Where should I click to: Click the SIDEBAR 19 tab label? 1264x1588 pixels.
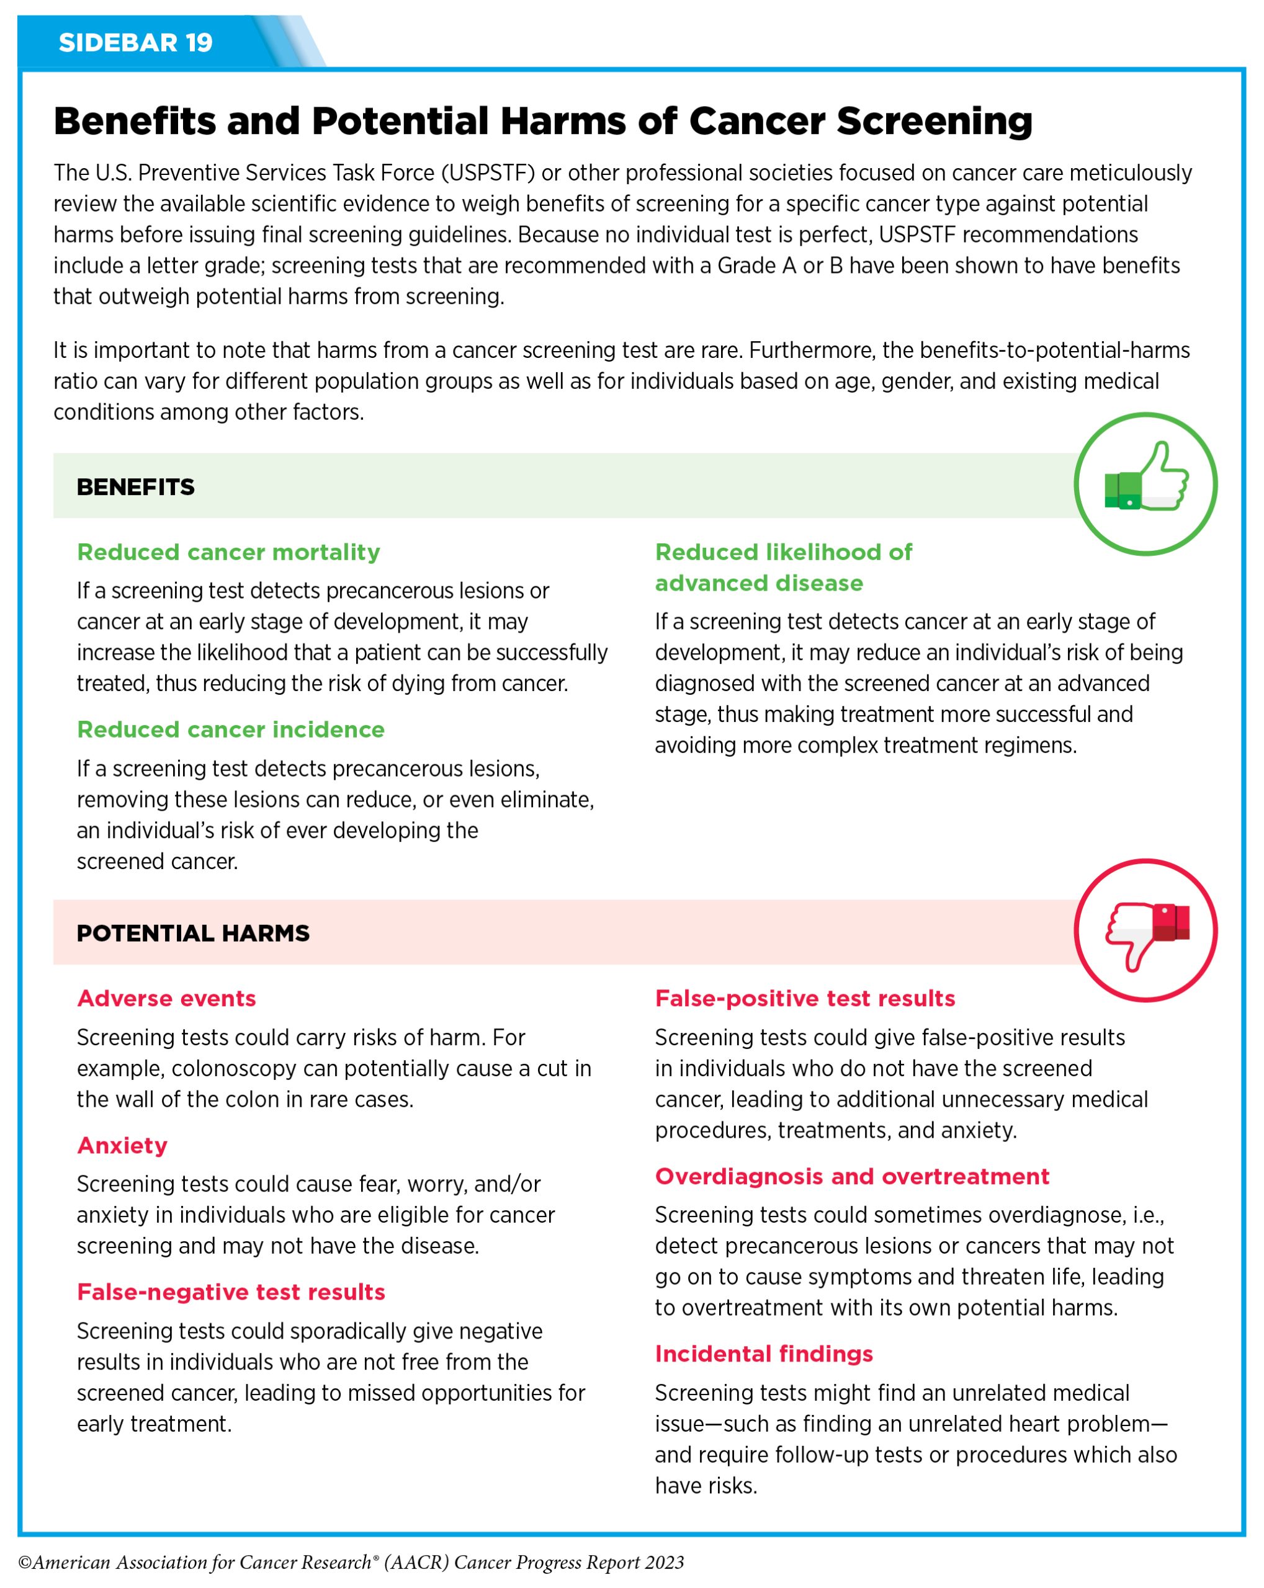pos(135,43)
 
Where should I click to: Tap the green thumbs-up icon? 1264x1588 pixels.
pos(1145,484)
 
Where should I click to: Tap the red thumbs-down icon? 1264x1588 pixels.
pos(1145,931)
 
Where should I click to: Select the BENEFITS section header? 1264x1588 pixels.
pos(135,487)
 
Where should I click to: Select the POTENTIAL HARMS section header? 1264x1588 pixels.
pos(193,933)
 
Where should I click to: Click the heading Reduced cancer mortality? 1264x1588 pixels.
pos(228,553)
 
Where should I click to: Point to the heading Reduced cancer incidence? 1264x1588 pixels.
pos(231,730)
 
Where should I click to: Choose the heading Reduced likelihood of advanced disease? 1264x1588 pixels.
pos(783,568)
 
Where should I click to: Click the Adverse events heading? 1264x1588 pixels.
pos(166,999)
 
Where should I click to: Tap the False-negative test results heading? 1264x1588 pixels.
pos(231,1292)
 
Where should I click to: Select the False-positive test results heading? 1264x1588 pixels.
pos(805,999)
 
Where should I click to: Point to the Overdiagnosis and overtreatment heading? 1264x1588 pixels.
pos(851,1176)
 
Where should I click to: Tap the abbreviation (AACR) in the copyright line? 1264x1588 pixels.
pos(413,1563)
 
